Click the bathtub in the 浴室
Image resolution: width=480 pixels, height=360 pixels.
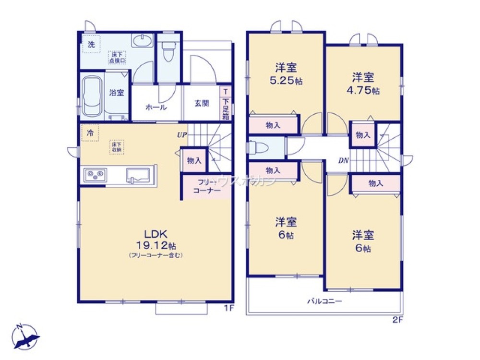pos(91,96)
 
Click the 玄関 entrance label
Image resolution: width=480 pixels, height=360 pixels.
pos(202,103)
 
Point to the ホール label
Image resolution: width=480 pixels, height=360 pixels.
pos(156,108)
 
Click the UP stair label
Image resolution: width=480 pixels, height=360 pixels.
pos(181,135)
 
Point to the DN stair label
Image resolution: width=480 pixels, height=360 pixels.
pos(343,161)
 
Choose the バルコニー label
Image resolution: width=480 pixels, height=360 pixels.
pos(324,302)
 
